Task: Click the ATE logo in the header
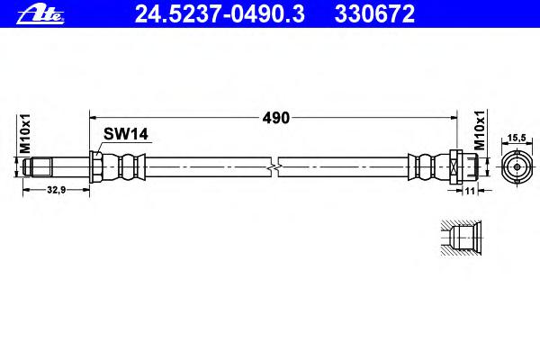pos(40,15)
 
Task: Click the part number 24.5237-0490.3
pos(220,14)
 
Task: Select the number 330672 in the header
pos(374,14)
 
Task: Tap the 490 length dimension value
pos(276,118)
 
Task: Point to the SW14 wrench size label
pos(126,134)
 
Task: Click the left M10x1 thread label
pos(25,134)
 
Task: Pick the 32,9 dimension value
pos(56,190)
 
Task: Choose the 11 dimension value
pos(470,191)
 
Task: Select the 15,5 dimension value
pos(517,138)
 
